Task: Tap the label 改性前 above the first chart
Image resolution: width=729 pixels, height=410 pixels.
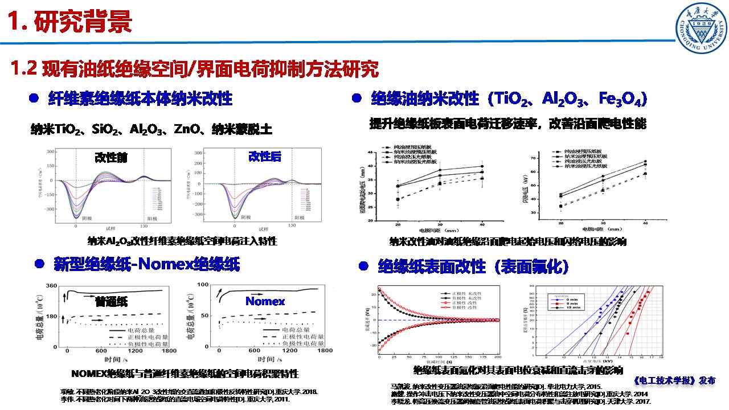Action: pyautogui.click(x=111, y=157)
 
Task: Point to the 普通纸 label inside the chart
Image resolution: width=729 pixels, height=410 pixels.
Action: pyautogui.click(x=112, y=301)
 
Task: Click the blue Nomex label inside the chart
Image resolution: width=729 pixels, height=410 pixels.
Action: pyautogui.click(x=265, y=301)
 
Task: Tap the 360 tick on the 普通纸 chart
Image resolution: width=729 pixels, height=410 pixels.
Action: pyautogui.click(x=51, y=286)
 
